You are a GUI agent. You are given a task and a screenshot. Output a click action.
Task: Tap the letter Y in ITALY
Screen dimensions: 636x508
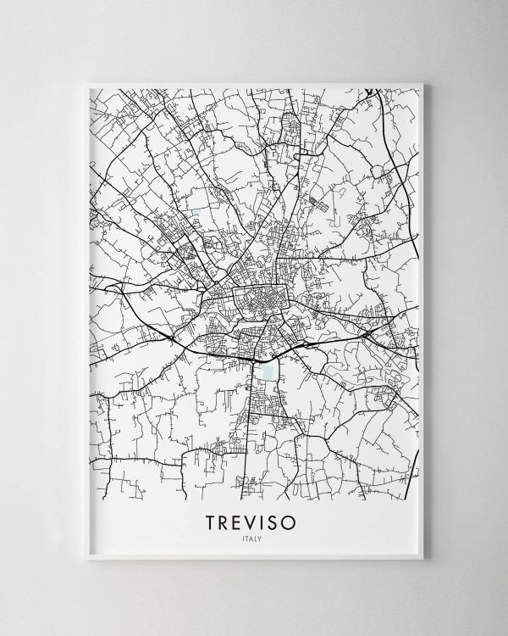click(261, 539)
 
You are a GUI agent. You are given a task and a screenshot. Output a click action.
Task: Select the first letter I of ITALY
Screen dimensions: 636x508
click(244, 539)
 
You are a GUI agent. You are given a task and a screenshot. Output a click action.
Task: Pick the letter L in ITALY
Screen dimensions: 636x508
click(257, 539)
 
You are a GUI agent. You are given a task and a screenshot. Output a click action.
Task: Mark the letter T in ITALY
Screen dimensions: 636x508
click(247, 539)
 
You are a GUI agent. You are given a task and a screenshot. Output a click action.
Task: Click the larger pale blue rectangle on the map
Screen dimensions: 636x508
click(269, 371)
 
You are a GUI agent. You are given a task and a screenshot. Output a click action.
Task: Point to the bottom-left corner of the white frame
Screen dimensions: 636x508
click(86, 561)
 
